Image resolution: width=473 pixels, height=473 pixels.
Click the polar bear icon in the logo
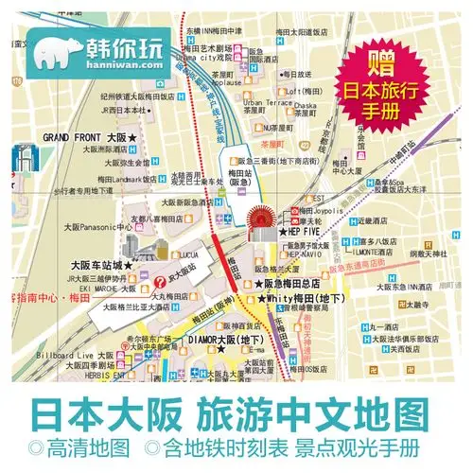pos(54,51)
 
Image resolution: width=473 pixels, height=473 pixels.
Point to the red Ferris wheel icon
pos(257,223)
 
